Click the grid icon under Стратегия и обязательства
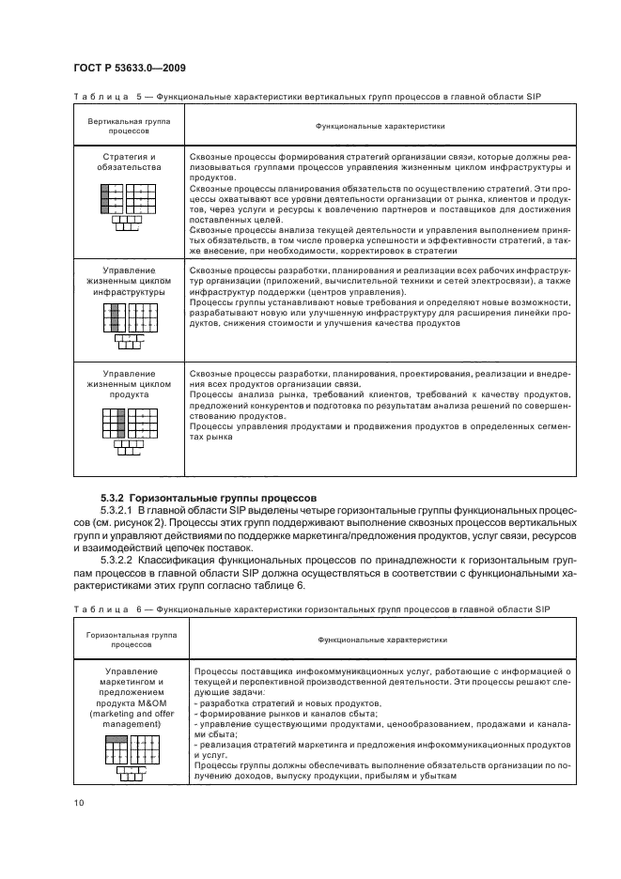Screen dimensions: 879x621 point(126,207)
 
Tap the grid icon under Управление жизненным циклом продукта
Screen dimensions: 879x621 point(126,427)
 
